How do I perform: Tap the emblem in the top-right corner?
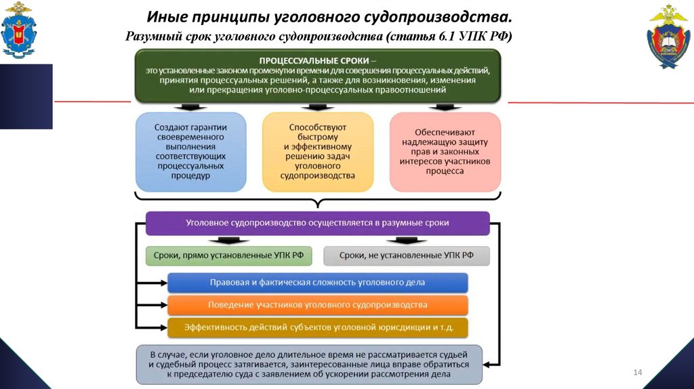669,37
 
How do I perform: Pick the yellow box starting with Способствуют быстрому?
317,151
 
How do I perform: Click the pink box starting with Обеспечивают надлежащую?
445,151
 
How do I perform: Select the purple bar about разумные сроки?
317,223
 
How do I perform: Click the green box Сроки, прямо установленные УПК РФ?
228,255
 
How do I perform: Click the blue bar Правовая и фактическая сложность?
317,282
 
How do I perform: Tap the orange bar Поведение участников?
317,304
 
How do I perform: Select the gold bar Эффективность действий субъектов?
317,327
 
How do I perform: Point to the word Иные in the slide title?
167,15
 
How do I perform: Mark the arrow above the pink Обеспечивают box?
445,107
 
